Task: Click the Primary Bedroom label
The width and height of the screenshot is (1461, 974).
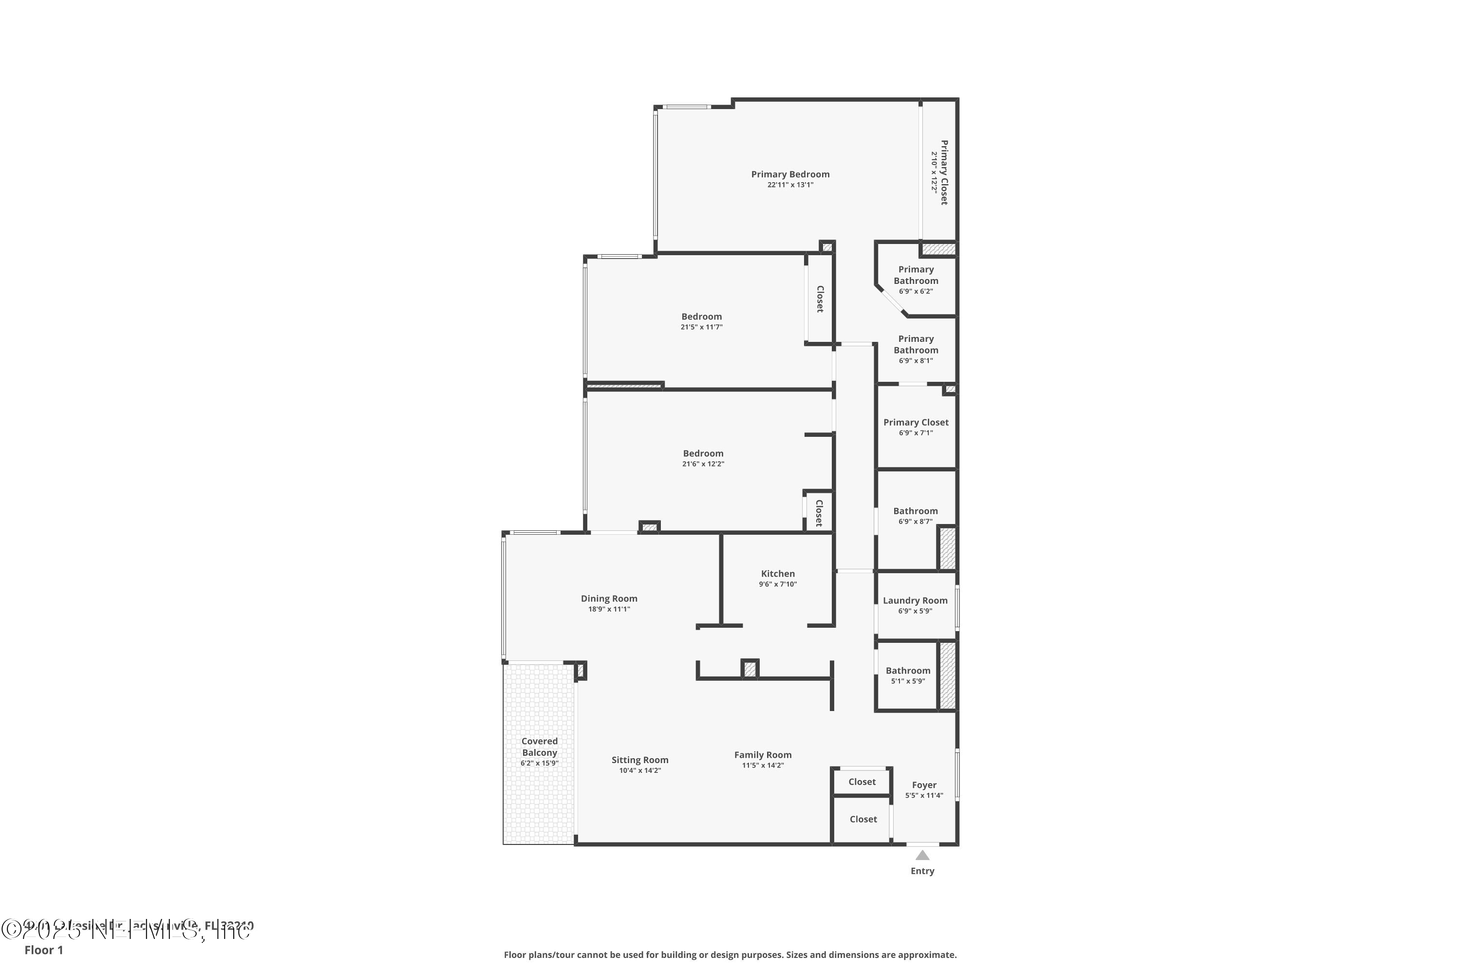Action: tap(790, 174)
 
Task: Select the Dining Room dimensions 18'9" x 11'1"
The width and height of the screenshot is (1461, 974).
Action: tap(609, 609)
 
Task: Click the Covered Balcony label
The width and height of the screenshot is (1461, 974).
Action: tap(539, 747)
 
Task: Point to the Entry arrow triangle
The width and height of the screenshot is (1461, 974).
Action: tap(922, 855)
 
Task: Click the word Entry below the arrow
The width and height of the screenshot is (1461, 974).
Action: tap(922, 871)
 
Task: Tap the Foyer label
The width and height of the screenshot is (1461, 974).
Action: tap(924, 785)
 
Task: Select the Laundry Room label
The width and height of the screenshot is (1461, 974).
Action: tap(915, 600)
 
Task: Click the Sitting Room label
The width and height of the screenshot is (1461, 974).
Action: tap(640, 760)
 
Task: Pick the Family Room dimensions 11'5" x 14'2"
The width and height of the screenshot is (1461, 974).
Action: tap(763, 765)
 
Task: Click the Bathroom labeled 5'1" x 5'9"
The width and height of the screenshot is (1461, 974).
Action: tap(908, 671)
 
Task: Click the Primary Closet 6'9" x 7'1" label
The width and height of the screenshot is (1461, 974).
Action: tap(916, 422)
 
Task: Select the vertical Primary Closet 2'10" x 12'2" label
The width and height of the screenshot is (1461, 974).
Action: tap(943, 173)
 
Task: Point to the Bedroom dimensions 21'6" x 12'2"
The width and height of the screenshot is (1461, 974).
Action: tap(703, 464)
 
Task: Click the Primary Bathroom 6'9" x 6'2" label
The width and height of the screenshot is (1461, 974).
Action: tap(916, 275)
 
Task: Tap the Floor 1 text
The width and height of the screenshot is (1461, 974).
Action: tap(43, 950)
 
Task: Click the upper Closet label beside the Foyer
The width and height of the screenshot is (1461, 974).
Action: tap(862, 782)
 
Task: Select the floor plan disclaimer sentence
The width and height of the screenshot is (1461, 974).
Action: tap(730, 955)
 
